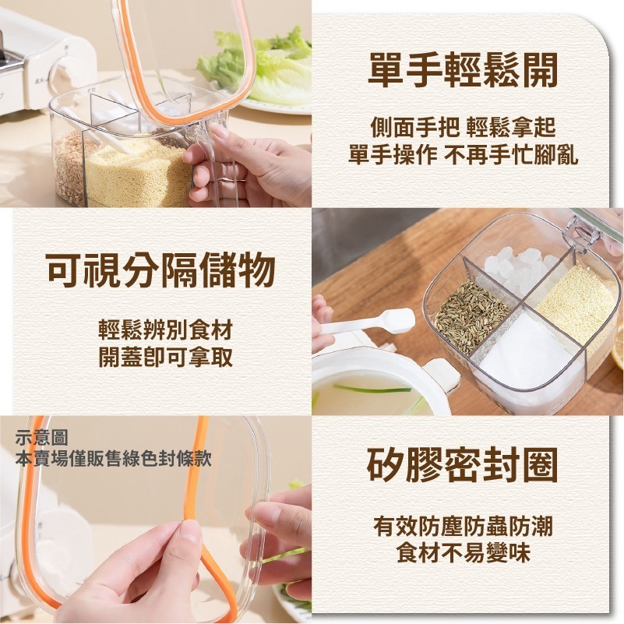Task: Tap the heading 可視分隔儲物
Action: pos(160,271)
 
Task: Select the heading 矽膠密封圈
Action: pos(463,465)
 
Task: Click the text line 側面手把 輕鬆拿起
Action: pos(463,126)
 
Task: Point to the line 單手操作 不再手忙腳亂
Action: pos(463,154)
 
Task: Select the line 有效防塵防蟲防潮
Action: pos(463,527)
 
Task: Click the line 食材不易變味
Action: pos(463,554)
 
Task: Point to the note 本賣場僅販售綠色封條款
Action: pos(114,458)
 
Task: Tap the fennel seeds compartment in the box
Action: pos(471,316)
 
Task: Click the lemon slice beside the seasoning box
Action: pos(617,347)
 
